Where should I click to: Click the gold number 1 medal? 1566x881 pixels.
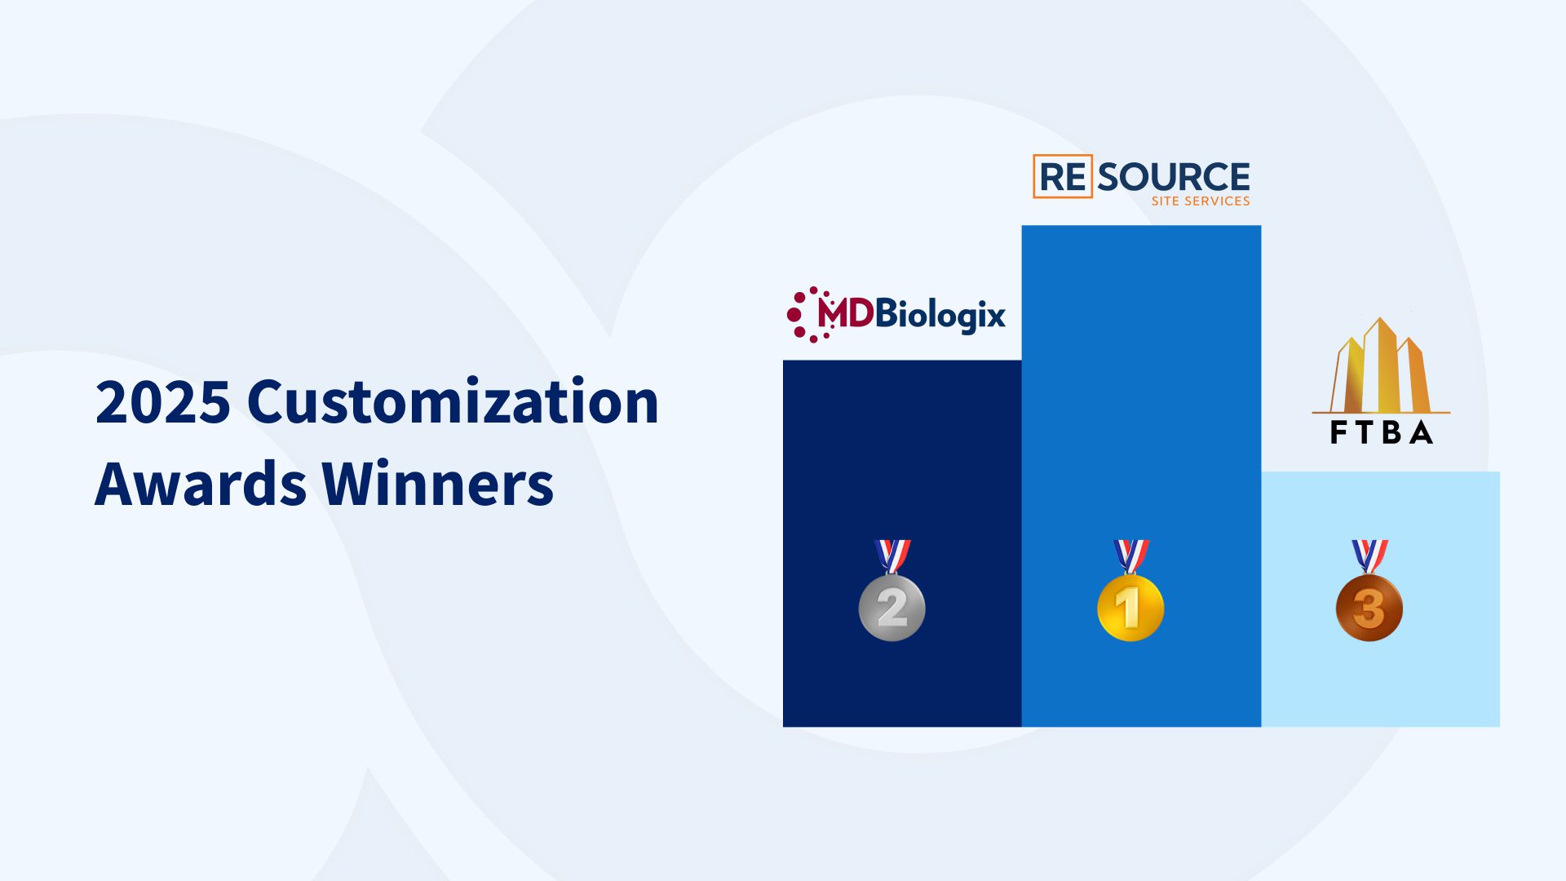coord(1130,608)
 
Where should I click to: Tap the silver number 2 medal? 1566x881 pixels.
coord(891,608)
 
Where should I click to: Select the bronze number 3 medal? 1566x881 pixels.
coord(1369,608)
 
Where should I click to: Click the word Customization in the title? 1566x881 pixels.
coord(453,401)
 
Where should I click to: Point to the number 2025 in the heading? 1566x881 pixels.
coord(163,401)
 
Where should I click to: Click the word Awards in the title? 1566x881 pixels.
coord(200,484)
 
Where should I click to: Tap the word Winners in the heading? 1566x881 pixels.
coord(438,484)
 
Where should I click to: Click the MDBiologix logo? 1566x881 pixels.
coord(897,314)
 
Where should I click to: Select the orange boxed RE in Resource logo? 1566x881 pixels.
coord(1063,176)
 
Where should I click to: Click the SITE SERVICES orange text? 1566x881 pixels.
coord(1200,201)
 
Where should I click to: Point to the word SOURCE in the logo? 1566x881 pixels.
coord(1173,176)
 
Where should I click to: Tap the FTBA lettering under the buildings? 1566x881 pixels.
coord(1381,432)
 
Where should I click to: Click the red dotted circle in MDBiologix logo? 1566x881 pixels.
coord(803,314)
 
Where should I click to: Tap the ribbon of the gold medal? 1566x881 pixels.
coord(1131,555)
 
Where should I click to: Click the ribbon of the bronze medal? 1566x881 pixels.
coord(1369,555)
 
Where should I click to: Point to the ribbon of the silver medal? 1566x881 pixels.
coord(892,555)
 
